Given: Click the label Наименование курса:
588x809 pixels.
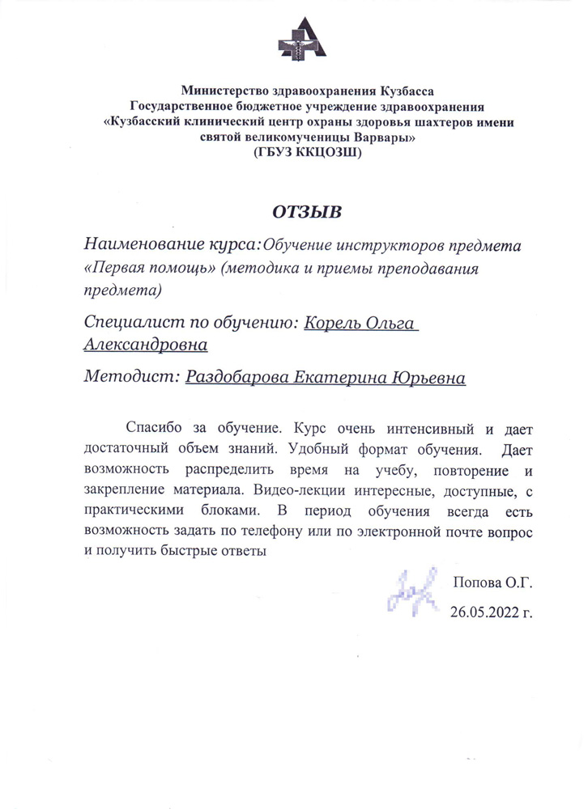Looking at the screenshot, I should pyautogui.click(x=173, y=244).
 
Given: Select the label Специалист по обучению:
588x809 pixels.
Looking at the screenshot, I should pyautogui.click(x=191, y=323).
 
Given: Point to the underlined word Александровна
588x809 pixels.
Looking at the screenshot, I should pyautogui.click(x=146, y=345).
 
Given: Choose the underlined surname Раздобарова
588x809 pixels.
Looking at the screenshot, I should pyautogui.click(x=241, y=377).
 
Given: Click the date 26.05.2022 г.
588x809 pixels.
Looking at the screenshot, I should pyautogui.click(x=491, y=611).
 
